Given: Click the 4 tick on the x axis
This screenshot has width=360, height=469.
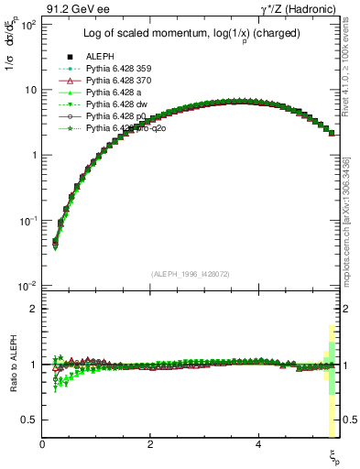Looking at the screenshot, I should [258, 443].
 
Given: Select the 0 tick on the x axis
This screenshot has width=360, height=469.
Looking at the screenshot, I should [43, 443].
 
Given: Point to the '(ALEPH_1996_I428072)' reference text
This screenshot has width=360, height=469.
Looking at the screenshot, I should [190, 274].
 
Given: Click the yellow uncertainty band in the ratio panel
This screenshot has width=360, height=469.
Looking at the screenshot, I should [331, 408].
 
